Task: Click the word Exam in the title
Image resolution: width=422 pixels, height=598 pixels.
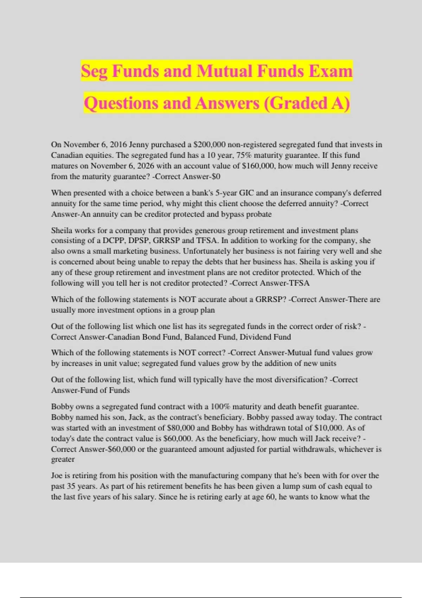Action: coord(331,71)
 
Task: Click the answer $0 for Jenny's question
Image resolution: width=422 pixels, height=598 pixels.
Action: coord(215,176)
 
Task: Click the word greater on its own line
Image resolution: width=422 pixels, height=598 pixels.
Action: coord(63,459)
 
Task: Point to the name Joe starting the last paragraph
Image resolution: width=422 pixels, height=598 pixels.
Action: coord(57,476)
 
